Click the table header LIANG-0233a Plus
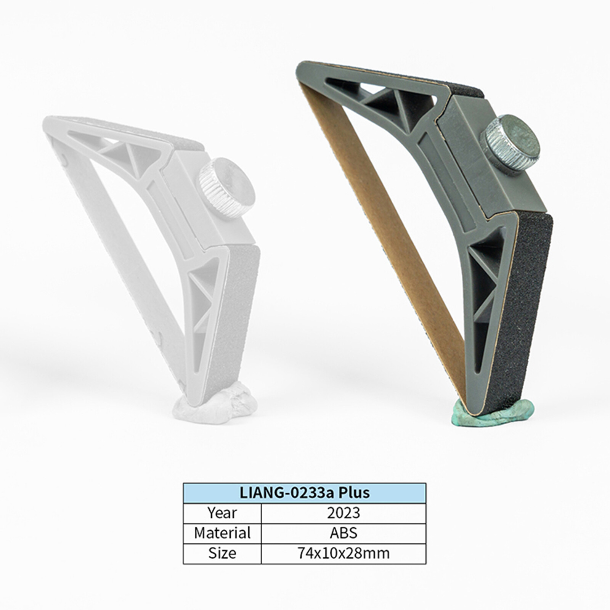point(305,493)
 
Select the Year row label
point(222,513)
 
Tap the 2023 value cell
point(344,513)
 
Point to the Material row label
point(222,533)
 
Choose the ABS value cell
point(344,533)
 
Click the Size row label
point(222,553)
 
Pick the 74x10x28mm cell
point(344,553)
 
